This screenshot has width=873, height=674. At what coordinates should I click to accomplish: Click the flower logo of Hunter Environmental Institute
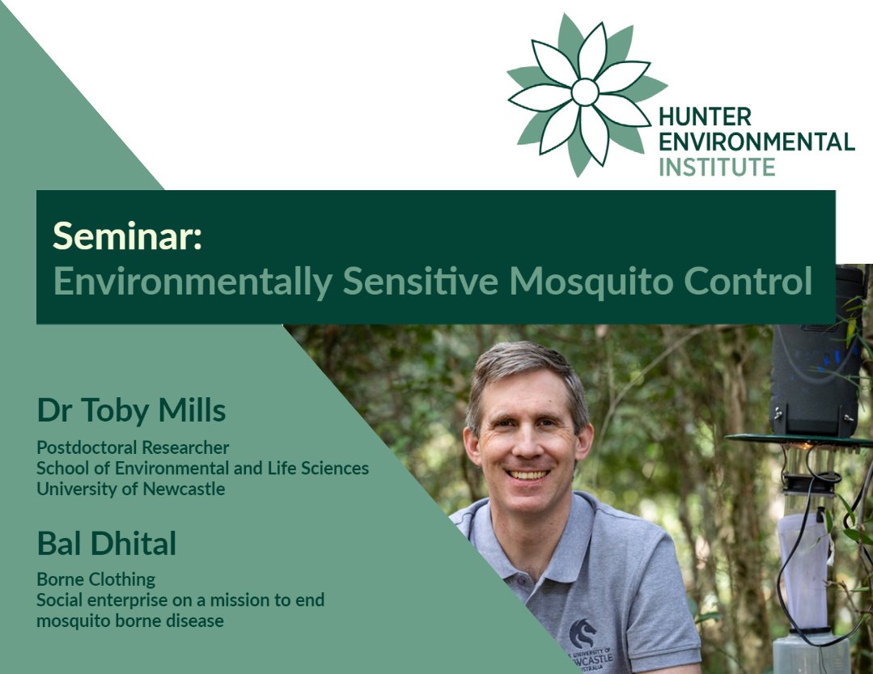tap(585, 92)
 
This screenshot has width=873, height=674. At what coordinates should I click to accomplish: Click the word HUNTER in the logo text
tap(705, 117)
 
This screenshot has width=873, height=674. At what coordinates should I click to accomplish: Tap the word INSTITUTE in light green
tap(717, 167)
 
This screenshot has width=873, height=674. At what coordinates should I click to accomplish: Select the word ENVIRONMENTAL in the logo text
tap(756, 142)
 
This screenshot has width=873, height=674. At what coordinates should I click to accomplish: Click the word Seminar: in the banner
tap(127, 235)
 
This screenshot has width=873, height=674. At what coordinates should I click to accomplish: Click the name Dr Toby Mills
tap(131, 411)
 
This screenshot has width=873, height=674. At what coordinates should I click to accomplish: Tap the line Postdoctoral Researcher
tap(133, 447)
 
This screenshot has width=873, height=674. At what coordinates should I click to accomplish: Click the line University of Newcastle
tap(130, 489)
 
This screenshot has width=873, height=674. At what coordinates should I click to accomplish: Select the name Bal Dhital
tap(106, 544)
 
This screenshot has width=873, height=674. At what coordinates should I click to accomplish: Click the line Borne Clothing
tap(95, 579)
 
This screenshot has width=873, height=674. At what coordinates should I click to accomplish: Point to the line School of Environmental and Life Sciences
tap(202, 468)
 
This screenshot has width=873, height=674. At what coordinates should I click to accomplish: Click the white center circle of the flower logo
tap(585, 92)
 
